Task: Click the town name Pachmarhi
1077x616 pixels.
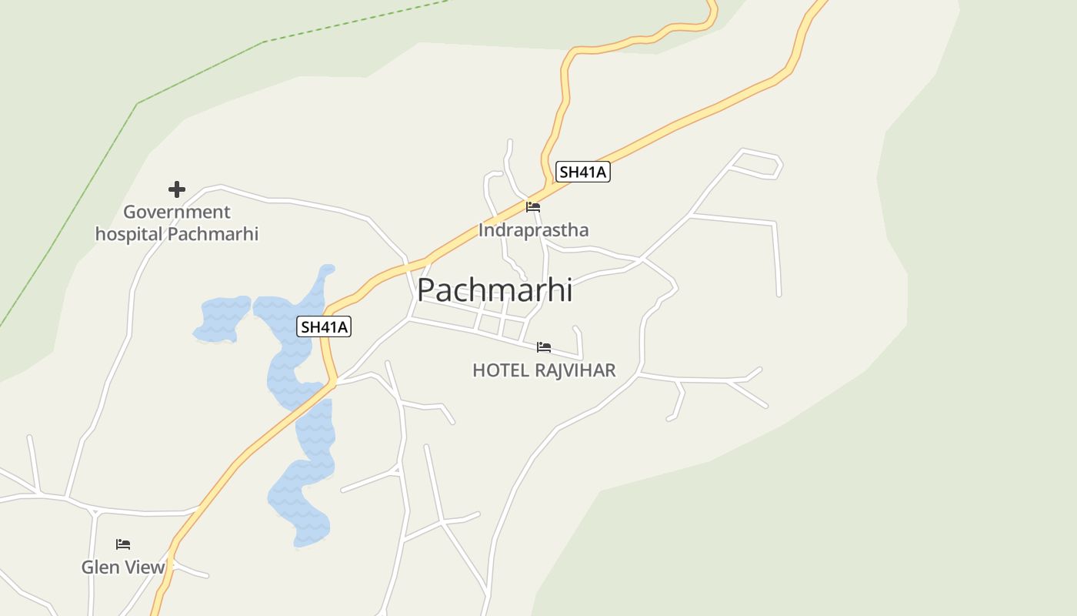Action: (x=495, y=290)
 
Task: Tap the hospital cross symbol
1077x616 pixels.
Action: (x=177, y=189)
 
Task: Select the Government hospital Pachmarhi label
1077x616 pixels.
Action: (x=177, y=223)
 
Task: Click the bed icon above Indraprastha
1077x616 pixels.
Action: (x=532, y=207)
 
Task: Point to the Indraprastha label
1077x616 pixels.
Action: (x=533, y=229)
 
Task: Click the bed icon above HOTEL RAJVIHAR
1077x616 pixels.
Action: (x=544, y=347)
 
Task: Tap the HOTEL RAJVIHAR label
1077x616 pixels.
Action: (x=544, y=370)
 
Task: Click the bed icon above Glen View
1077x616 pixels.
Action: (x=123, y=544)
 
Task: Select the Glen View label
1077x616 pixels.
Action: (x=123, y=567)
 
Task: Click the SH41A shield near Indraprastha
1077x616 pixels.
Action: (x=583, y=172)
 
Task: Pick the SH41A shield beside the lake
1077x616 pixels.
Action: (x=324, y=326)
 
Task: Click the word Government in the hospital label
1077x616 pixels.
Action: (x=177, y=212)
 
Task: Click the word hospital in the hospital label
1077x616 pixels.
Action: (x=128, y=234)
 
